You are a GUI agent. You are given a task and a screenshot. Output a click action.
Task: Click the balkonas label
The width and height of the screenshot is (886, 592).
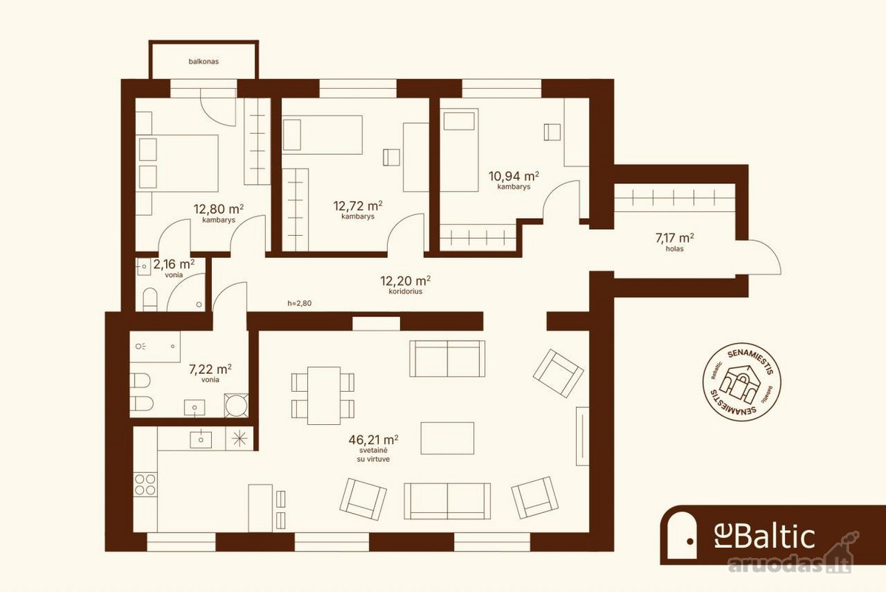[203, 61]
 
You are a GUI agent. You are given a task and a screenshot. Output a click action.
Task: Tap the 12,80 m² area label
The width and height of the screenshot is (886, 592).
[219, 213]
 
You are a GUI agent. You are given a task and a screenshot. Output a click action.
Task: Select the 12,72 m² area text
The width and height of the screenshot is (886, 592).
[357, 210]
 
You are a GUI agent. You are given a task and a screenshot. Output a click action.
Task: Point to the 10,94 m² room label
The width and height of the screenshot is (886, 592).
[514, 180]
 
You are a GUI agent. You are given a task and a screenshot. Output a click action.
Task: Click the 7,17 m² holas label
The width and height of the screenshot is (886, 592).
[674, 242]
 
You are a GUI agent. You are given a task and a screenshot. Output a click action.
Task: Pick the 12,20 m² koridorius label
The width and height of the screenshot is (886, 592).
[405, 285]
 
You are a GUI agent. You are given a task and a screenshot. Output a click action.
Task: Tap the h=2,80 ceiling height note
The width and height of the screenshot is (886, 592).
[300, 304]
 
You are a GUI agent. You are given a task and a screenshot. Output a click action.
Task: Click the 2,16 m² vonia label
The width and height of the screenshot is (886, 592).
[174, 268]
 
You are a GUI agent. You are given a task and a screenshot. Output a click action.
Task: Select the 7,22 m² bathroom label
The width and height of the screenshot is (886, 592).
[210, 373]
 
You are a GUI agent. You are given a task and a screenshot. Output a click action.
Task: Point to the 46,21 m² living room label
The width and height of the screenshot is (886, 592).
[374, 449]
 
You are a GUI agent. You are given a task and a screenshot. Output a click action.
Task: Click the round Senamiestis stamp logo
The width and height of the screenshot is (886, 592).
[741, 381]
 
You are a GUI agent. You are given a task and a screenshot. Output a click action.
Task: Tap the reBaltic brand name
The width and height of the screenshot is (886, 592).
[765, 537]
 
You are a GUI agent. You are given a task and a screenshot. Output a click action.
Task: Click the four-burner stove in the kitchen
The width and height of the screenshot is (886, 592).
[145, 484]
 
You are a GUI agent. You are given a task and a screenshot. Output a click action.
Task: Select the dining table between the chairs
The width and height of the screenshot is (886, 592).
[323, 395]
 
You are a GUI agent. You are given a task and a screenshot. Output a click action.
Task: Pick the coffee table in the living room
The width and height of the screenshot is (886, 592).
[447, 438]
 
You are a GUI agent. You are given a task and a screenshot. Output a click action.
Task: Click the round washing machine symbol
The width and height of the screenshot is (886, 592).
[236, 405]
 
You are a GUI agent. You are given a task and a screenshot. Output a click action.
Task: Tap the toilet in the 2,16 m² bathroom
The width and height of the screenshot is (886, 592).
[150, 299]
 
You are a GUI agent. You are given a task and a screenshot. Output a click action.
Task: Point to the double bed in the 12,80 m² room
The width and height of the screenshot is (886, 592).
[177, 163]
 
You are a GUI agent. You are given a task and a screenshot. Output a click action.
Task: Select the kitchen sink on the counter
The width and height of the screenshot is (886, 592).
[201, 440]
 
